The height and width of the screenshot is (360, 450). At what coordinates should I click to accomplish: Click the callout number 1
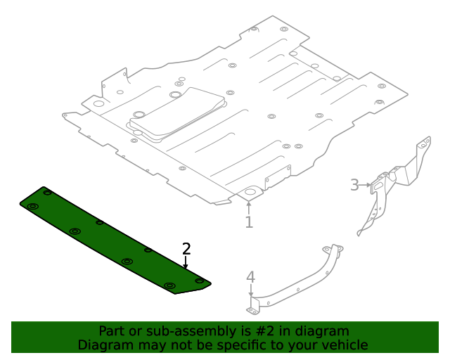coord(248,222)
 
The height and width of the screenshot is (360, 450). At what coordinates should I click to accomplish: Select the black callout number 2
coord(186,248)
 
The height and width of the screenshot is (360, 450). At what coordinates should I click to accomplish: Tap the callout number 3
coord(354,185)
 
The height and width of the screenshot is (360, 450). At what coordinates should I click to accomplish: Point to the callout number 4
coord(250,277)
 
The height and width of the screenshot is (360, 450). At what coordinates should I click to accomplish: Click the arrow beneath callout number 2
coord(186,263)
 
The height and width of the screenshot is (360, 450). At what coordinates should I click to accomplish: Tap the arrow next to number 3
coord(366,185)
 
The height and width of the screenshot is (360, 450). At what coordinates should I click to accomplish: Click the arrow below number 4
coord(250,293)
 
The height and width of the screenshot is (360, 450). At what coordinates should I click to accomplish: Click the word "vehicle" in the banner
coord(344,345)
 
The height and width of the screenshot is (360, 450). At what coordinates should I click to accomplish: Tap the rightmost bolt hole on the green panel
coord(199,281)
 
